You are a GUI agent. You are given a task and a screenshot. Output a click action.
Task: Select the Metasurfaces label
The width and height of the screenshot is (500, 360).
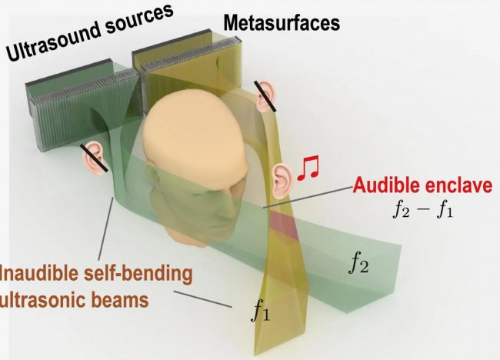(x=282, y=23)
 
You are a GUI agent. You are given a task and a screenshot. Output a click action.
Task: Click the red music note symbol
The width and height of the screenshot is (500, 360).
(x=308, y=168)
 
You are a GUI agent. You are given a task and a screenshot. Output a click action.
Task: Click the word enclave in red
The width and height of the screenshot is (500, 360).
(x=458, y=185)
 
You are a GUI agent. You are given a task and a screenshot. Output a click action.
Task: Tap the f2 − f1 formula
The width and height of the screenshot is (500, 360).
(x=422, y=210)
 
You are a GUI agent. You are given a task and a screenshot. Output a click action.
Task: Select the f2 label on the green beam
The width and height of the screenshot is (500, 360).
(x=359, y=265)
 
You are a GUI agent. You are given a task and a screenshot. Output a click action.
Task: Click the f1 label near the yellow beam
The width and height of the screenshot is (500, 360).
(x=261, y=311)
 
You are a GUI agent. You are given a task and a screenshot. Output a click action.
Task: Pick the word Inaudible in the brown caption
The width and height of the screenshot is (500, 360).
(x=39, y=273)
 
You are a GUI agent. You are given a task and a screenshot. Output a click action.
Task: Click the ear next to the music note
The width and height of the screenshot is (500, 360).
(x=282, y=181)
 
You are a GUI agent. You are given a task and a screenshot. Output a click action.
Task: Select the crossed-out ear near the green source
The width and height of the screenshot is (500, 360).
(x=94, y=158)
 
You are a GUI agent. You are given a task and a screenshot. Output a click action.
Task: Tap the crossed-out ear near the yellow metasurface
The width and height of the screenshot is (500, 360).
(x=265, y=95)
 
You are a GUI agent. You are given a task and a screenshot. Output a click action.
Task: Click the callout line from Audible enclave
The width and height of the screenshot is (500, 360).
(x=308, y=198)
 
